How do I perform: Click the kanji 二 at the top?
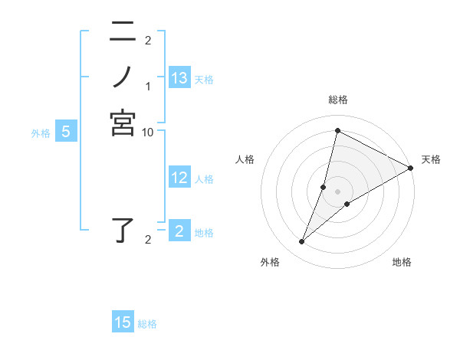point(123,32)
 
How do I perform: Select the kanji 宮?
point(123,123)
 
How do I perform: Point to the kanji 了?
point(124,231)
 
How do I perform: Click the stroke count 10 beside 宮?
point(148,132)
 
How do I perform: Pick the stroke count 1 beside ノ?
point(148,86)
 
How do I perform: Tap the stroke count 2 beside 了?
point(148,240)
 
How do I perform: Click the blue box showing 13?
point(179,78)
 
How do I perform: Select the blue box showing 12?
point(179,178)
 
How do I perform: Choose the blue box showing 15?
point(123,322)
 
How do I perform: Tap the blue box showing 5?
point(66,133)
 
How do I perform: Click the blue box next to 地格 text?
point(179,231)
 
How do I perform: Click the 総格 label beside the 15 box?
point(147,324)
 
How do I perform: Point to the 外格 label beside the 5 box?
point(41,133)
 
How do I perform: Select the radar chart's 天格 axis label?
point(431,159)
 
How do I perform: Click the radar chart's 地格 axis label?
point(402,262)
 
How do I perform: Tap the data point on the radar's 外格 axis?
point(302,242)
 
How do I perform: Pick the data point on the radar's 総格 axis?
point(337,129)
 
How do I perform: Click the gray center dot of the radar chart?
point(337,191)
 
